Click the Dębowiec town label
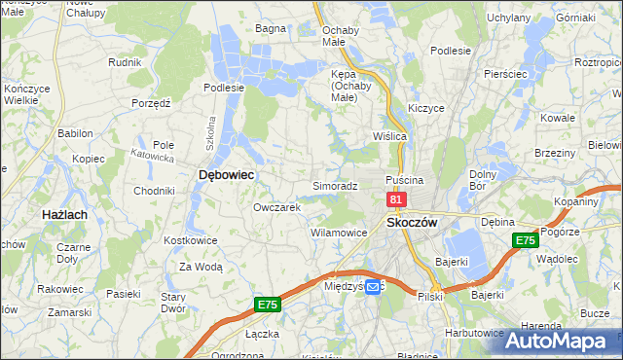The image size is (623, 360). point(226,174)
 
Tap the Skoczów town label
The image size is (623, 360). point(413,222)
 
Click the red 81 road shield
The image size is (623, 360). point(395,198)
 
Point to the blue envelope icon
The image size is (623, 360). point(374,287)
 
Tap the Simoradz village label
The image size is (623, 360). point(336,185)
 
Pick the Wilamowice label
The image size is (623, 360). point(338,234)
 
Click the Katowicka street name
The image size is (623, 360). point(153,155)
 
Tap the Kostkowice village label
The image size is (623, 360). point(189,239)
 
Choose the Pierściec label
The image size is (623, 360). point(505,74)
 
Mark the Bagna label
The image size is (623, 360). point(270,28)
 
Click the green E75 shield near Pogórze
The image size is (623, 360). point(526,240)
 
